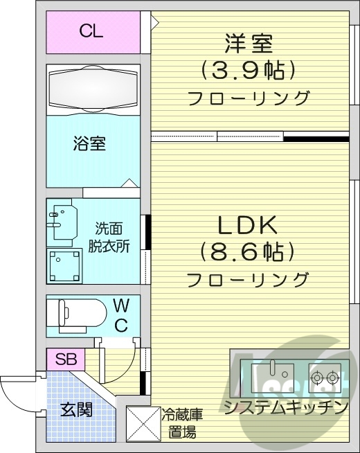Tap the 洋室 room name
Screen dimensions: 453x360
coord(249,44)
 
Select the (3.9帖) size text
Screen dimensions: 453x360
coord(249,69)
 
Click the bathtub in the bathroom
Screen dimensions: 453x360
coord(93,89)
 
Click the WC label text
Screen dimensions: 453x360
coord(120,315)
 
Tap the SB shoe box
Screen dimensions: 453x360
coord(66,360)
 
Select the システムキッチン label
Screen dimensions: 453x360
coord(285,407)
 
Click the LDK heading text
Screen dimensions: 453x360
coord(247,225)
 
